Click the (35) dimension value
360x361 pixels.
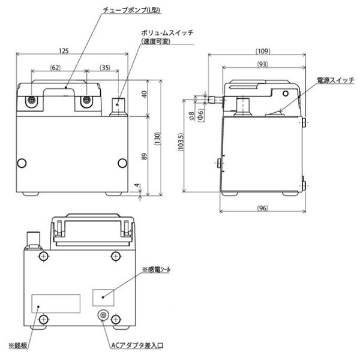click(x=106, y=68)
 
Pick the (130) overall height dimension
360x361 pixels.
click(x=157, y=139)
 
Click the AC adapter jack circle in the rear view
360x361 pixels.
click(x=104, y=316)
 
